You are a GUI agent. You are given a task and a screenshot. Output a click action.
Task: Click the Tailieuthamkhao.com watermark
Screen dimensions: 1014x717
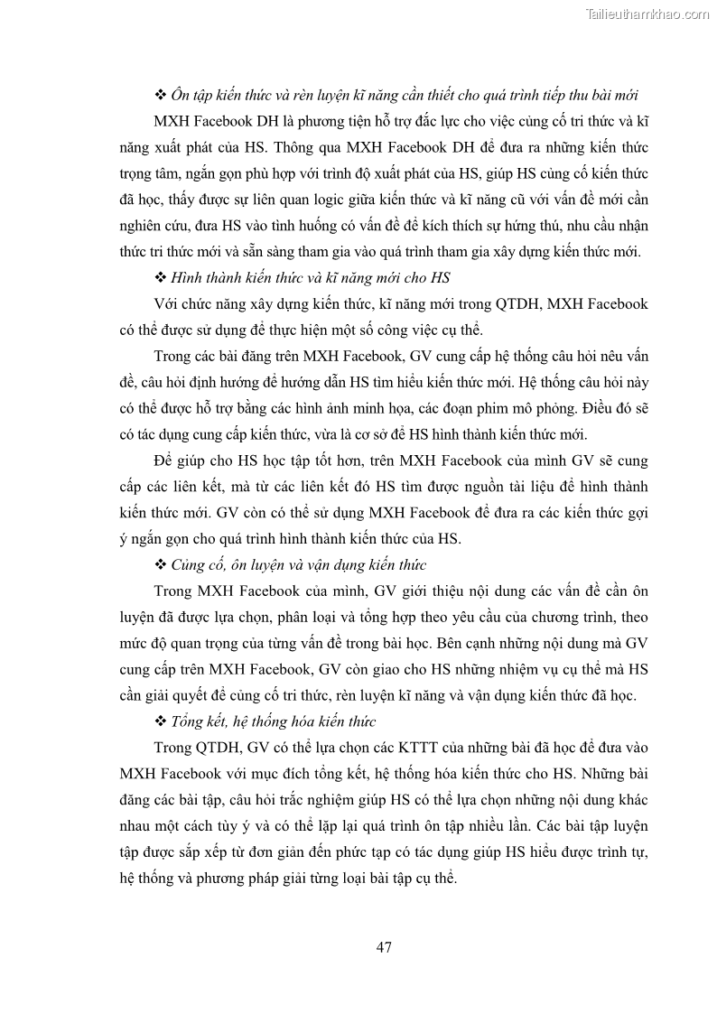pyautogui.click(x=647, y=14)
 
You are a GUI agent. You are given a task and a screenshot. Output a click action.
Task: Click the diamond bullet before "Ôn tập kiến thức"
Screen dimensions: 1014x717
pyautogui.click(x=161, y=95)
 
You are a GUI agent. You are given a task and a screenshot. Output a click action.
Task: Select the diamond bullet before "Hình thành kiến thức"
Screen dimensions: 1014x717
pyautogui.click(x=161, y=278)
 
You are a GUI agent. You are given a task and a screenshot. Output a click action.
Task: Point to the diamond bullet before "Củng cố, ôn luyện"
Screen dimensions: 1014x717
pyautogui.click(x=161, y=565)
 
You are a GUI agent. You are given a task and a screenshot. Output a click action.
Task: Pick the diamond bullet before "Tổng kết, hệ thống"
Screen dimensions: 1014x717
pyautogui.click(x=161, y=722)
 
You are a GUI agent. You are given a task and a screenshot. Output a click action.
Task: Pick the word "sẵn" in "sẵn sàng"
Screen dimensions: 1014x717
pyautogui.click(x=247, y=252)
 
